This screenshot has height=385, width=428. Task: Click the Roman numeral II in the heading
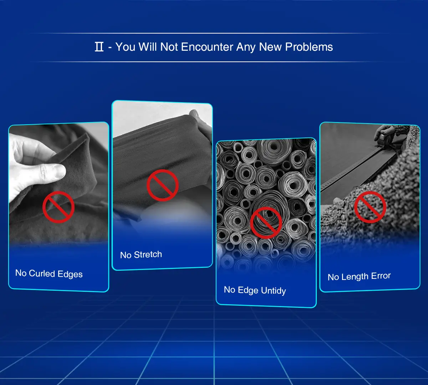pos(99,47)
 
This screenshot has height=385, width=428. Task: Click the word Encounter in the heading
pos(207,47)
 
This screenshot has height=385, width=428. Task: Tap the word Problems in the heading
pos(309,47)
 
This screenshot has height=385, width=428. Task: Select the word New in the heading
pos(270,47)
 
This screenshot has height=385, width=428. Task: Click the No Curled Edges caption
pos(49,274)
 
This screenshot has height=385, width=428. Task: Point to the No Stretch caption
pos(141,255)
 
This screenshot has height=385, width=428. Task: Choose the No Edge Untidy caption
pos(255,290)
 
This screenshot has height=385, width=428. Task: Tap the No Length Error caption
pos(359,276)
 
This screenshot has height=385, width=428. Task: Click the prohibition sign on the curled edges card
pos(58,207)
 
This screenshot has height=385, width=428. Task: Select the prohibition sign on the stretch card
pos(163,185)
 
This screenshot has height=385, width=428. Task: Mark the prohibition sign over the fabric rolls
pos(266,223)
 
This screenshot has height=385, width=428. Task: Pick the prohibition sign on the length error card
pos(370,207)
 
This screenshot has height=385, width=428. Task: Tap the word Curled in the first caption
pos(42,273)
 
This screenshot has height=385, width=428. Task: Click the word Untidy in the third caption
pos(274,291)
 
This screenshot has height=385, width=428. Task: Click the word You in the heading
pos(125,47)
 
